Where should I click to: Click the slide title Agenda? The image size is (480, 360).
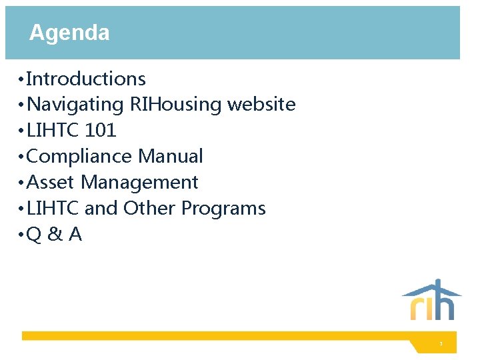click(69, 33)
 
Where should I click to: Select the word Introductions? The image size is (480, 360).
click(85, 79)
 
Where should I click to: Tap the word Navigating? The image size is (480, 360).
click(75, 105)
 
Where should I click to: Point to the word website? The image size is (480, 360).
click(261, 105)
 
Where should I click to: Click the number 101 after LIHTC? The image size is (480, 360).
click(101, 131)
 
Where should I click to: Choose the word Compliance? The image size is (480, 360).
click(79, 157)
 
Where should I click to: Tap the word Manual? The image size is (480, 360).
click(170, 157)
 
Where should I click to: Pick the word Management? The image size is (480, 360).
click(139, 183)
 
